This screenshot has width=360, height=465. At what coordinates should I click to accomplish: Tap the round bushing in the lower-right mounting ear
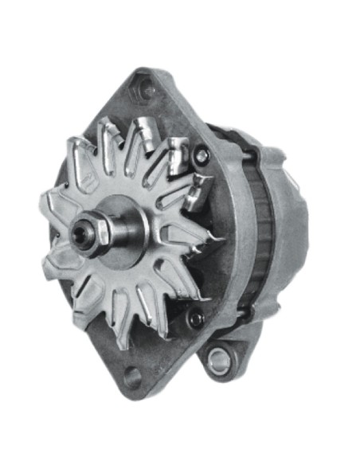pos(217,362)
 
